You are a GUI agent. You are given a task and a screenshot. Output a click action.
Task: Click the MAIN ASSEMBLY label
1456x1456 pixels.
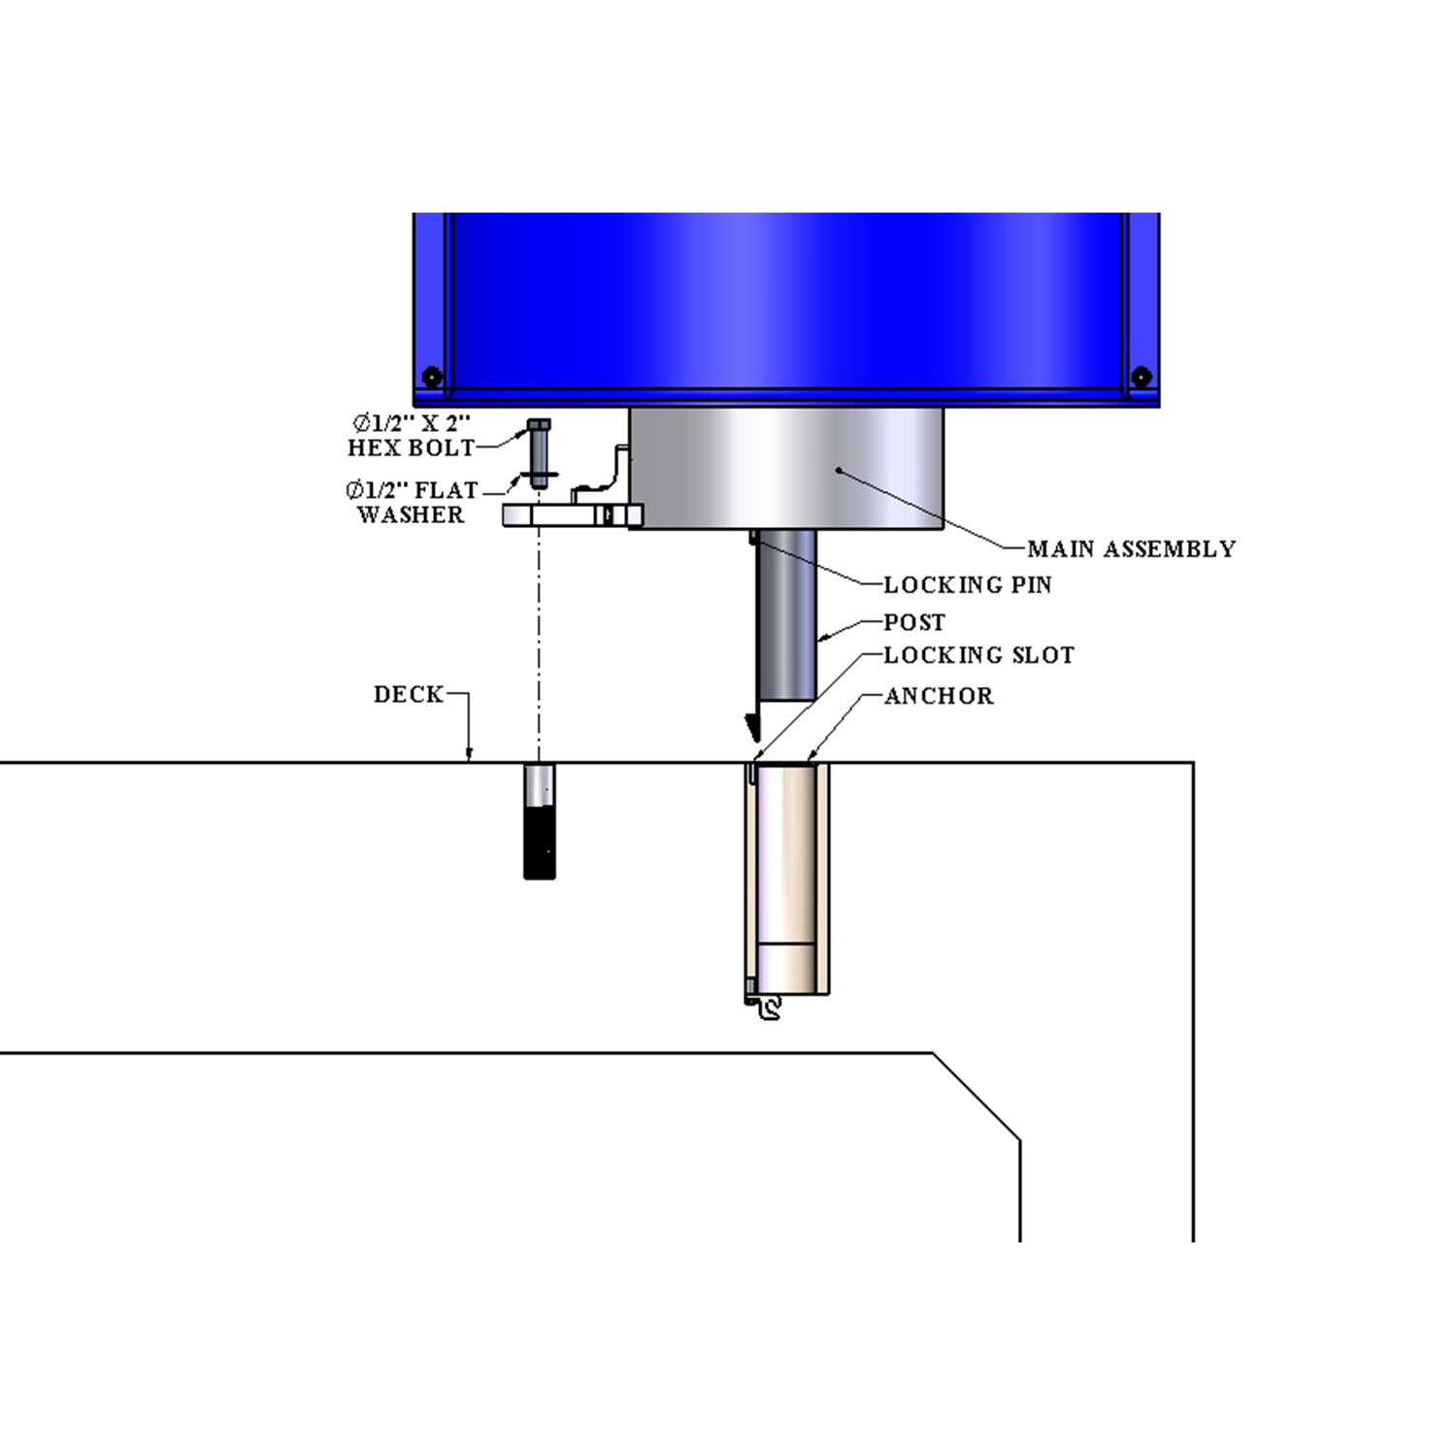click(1131, 549)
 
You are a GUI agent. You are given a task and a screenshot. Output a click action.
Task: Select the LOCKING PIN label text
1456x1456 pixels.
click(967, 585)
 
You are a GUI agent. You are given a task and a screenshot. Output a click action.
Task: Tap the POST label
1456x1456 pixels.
click(913, 622)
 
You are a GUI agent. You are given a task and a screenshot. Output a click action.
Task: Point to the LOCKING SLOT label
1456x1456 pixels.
click(978, 656)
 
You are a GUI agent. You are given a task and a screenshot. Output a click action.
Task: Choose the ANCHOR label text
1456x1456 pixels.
click(939, 696)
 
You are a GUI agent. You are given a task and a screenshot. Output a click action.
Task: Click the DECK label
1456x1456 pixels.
click(408, 695)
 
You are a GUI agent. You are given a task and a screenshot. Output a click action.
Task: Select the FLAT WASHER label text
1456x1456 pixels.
click(412, 502)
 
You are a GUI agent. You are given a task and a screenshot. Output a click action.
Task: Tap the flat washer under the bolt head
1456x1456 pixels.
click(539, 474)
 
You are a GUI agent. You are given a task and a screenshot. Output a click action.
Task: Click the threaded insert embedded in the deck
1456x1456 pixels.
click(540, 821)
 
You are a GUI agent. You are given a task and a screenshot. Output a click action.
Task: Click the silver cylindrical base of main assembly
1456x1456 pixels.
click(786, 468)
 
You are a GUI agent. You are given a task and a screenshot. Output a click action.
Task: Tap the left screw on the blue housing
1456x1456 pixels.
click(432, 376)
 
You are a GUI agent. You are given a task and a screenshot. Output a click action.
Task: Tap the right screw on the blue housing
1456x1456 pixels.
click(1142, 376)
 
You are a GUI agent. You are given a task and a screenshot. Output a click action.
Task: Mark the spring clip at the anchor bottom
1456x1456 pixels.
click(767, 1009)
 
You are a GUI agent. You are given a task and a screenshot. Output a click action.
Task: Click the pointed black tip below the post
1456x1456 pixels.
click(751, 726)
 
